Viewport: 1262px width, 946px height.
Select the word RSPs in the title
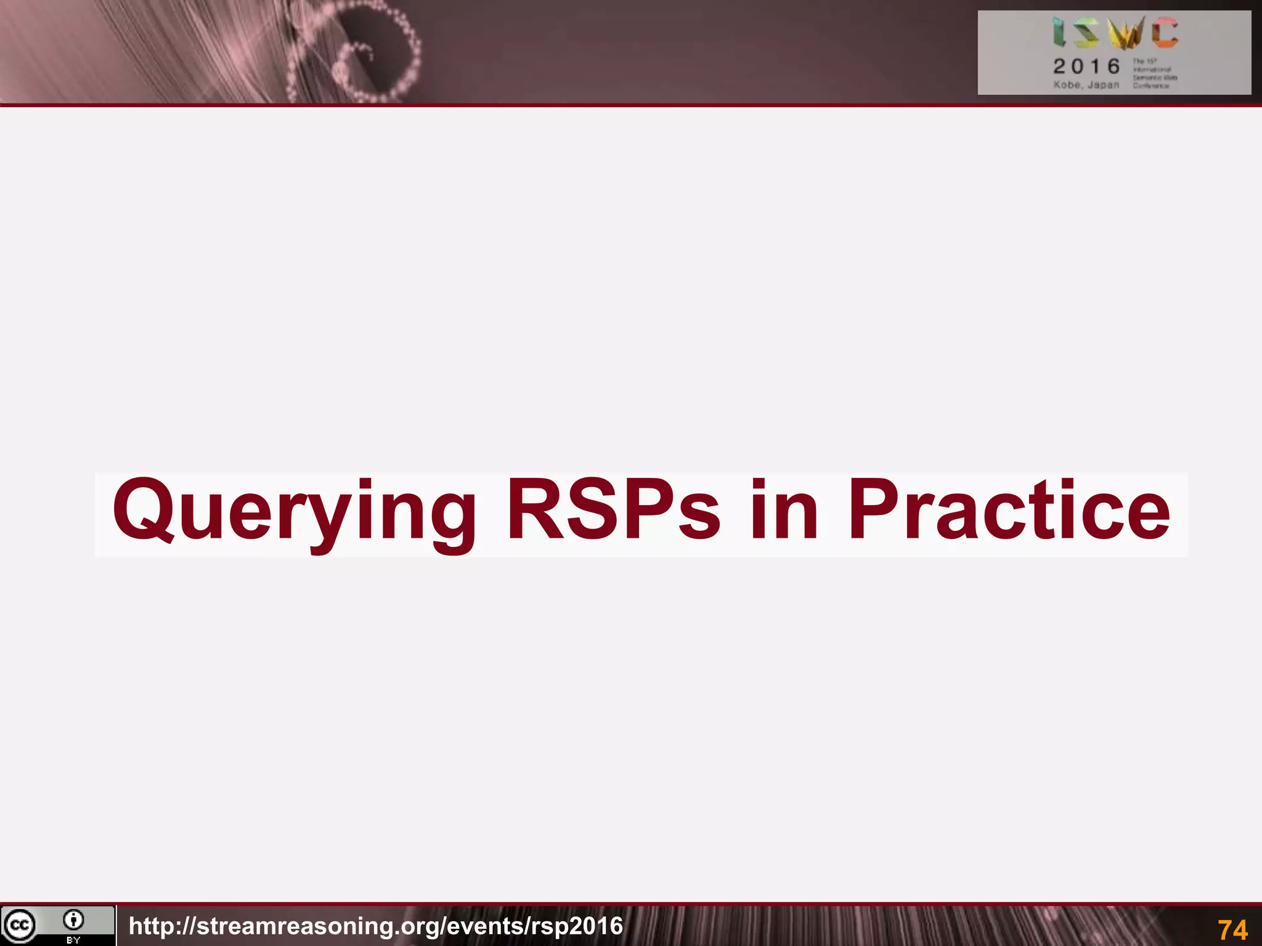tap(613, 511)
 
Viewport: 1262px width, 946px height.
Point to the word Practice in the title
tap(1009, 511)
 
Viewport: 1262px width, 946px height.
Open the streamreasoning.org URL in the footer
tap(376, 926)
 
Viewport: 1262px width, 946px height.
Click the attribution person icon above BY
tap(73, 920)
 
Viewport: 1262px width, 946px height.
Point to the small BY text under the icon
tap(73, 940)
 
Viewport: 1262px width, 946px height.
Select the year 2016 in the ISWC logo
tap(1086, 66)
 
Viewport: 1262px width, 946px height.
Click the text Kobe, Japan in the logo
tap(1086, 84)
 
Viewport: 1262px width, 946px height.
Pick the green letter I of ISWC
tap(1059, 32)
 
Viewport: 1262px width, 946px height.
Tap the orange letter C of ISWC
tap(1165, 32)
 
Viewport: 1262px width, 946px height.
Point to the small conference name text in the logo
tap(1154, 73)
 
